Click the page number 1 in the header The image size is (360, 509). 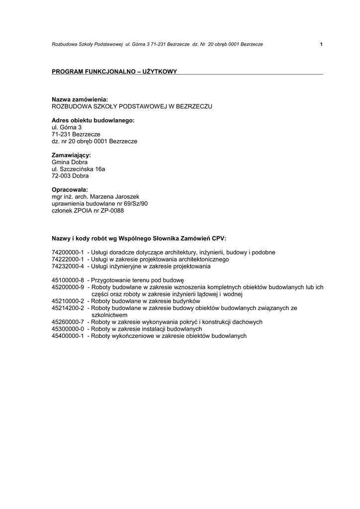click(x=321, y=44)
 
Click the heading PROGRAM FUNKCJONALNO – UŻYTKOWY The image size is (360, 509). click(x=114, y=72)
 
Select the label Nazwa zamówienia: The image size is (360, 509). click(x=80, y=99)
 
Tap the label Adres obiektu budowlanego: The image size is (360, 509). click(x=93, y=120)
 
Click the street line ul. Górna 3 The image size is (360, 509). click(x=67, y=127)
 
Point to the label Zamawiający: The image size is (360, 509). click(x=71, y=155)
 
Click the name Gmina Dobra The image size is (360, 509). click(x=70, y=162)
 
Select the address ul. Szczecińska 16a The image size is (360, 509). click(x=79, y=169)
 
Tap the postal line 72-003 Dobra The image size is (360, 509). click(x=70, y=176)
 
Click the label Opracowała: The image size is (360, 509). click(x=70, y=189)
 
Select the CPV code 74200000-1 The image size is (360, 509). click(x=68, y=252)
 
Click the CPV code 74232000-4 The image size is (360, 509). click(x=68, y=266)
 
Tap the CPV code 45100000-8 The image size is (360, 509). click(x=68, y=280)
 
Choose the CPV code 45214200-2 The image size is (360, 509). click(x=68, y=308)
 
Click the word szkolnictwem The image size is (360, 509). click(x=110, y=315)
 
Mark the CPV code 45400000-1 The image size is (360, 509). click(x=68, y=336)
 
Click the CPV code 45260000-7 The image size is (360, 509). click(x=68, y=322)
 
